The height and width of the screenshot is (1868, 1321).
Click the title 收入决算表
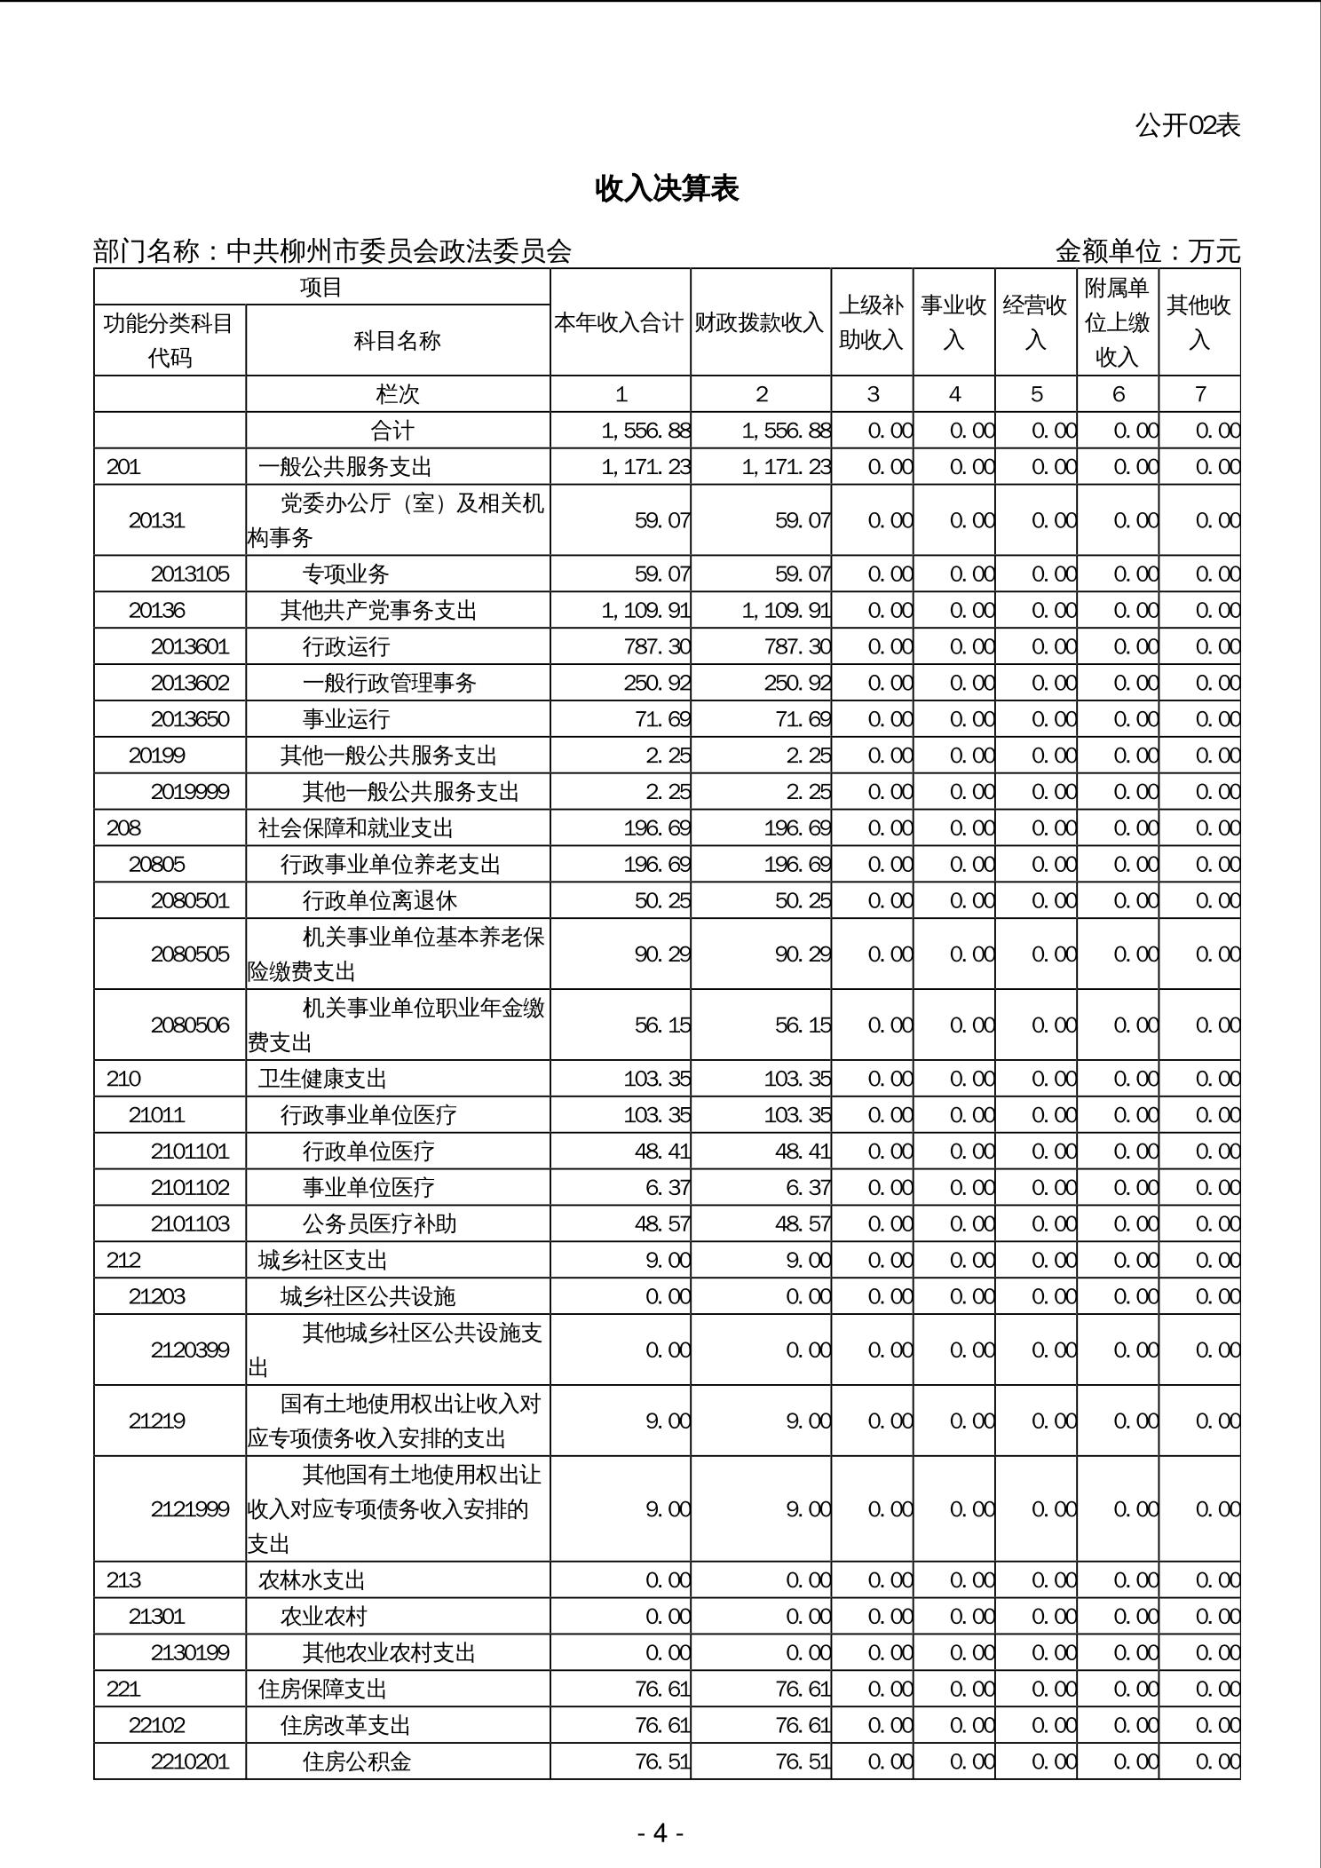(x=667, y=189)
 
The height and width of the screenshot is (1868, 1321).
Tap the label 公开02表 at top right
(x=1187, y=126)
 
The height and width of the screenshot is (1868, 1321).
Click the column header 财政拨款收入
(x=760, y=323)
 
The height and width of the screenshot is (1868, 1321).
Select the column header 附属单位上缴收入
(x=1117, y=322)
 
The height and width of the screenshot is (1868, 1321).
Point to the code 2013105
(x=190, y=574)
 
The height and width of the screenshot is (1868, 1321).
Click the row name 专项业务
(x=345, y=574)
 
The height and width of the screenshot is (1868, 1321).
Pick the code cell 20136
(x=157, y=611)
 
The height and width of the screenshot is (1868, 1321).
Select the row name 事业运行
(x=345, y=719)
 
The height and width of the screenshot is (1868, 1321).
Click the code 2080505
(x=190, y=954)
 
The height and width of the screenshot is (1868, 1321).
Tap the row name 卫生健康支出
(x=323, y=1079)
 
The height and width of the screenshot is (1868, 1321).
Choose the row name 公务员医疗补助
(x=379, y=1224)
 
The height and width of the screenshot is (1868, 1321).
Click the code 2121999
(x=190, y=1509)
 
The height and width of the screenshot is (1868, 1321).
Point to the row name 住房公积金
(x=357, y=1761)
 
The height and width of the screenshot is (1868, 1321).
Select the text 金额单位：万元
(x=1147, y=252)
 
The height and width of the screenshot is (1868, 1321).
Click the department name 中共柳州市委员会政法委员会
(x=399, y=252)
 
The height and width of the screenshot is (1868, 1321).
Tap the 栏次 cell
(x=398, y=394)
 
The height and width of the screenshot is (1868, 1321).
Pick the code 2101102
(x=190, y=1188)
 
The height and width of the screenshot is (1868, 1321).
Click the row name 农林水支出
(x=312, y=1580)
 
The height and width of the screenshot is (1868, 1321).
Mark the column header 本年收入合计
(x=620, y=323)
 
